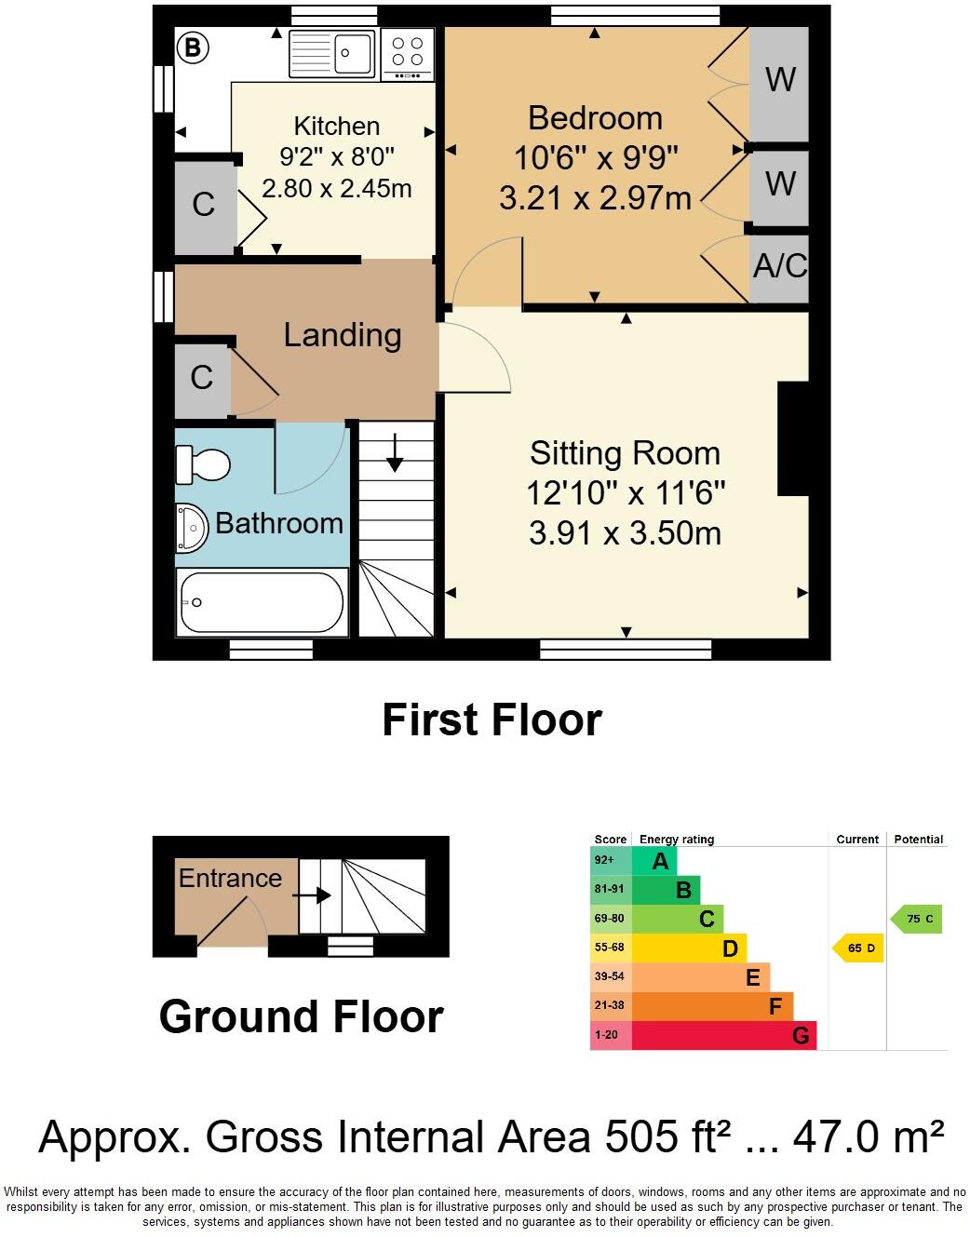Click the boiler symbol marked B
tap(193, 47)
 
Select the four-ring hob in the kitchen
tap(407, 54)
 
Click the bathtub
tap(262, 602)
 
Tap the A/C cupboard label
tap(780, 266)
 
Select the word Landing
tap(343, 335)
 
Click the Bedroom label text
tap(595, 118)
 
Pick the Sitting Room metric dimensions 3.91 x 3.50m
tap(625, 533)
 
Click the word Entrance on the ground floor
tap(230, 878)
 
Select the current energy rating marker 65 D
tap(858, 948)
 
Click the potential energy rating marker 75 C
tap(918, 919)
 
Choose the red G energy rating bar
tap(722, 1035)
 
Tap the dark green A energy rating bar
tap(654, 861)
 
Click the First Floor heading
tap(492, 720)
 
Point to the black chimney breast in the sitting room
tap(792, 438)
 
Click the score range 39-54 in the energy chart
tap(610, 976)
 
